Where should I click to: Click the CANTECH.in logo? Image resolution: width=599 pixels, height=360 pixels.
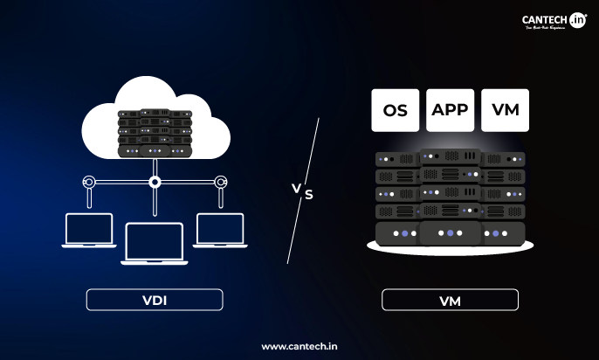click(553, 21)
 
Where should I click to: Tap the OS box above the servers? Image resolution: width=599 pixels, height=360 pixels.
click(395, 110)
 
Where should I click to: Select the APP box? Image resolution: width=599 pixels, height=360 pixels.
click(450, 110)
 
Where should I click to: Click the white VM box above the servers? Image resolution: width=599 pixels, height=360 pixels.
click(505, 110)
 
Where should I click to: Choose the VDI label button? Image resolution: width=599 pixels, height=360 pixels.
click(155, 301)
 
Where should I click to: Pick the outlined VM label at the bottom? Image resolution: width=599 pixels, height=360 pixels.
click(450, 301)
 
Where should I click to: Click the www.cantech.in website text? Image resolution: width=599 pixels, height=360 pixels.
click(299, 346)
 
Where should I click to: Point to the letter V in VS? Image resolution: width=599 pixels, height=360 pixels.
click(295, 186)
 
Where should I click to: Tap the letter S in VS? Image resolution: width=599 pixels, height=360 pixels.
click(308, 195)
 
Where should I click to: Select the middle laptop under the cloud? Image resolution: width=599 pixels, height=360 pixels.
click(155, 242)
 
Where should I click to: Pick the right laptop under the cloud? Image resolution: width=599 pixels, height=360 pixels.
click(220, 230)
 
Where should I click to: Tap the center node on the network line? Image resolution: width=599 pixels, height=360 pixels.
click(155, 183)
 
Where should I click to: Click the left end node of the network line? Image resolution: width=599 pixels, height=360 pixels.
click(88, 183)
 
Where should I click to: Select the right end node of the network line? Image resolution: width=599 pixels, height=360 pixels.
click(220, 183)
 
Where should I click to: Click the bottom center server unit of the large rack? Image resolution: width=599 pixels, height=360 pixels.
click(450, 233)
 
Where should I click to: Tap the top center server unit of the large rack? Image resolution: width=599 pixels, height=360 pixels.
click(450, 156)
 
